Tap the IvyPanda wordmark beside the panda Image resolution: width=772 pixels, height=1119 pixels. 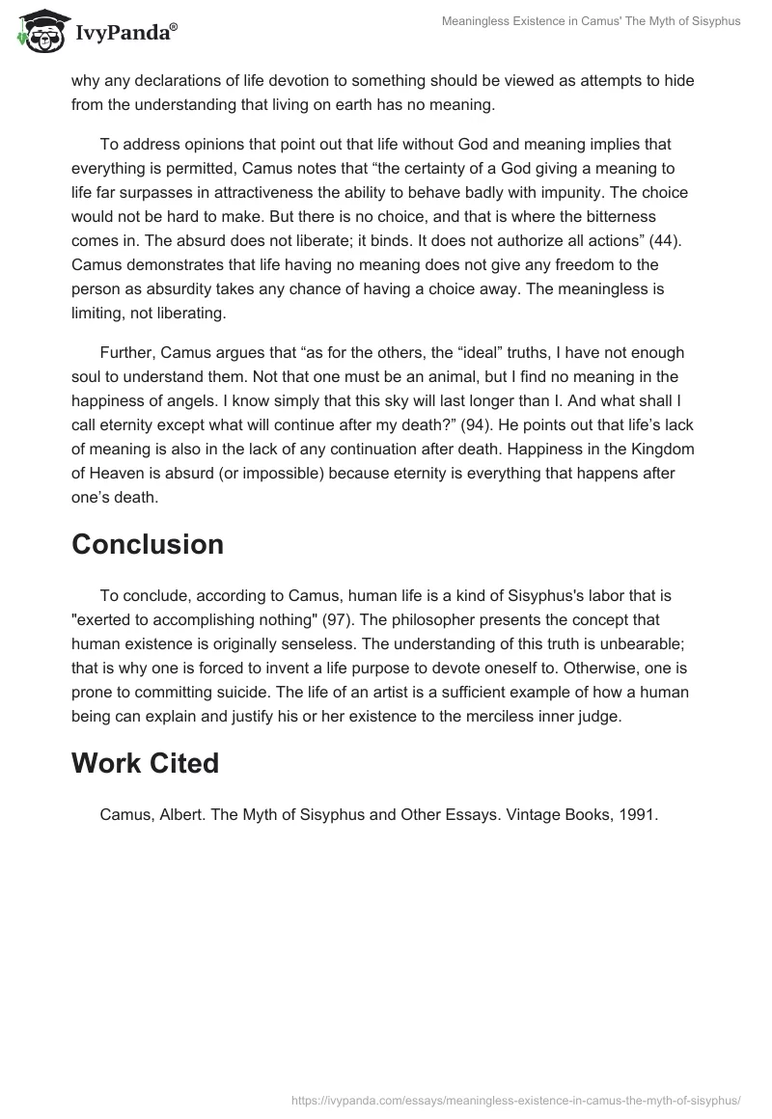click(124, 34)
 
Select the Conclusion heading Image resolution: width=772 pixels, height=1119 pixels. click(148, 544)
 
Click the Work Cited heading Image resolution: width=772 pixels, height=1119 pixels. click(145, 763)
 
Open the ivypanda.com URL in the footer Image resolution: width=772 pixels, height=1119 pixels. click(515, 1099)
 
